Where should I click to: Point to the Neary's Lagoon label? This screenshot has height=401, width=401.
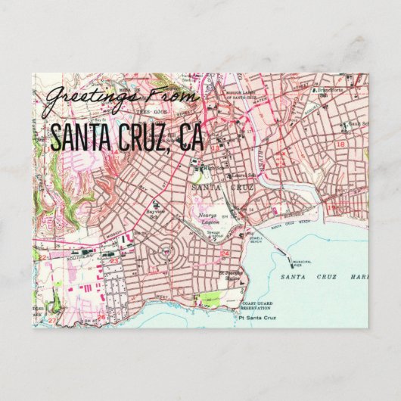(209, 217)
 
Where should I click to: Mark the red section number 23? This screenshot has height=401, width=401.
(113, 260)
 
